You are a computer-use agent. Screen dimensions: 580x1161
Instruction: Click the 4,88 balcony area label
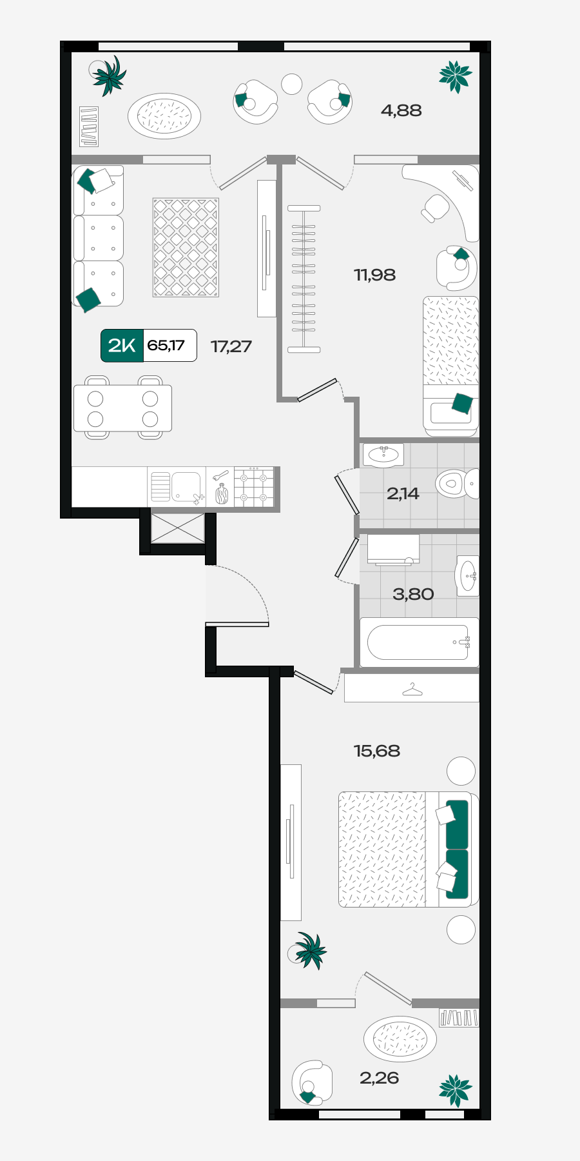401,110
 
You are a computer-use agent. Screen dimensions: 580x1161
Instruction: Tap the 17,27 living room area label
231,346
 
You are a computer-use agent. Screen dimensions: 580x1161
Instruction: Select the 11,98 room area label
374,275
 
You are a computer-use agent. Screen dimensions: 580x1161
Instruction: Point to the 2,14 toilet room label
403,493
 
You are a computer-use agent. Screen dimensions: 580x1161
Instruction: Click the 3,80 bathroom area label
413,594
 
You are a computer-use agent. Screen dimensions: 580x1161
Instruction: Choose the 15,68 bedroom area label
377,751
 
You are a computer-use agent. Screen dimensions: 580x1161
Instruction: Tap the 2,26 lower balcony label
379,1078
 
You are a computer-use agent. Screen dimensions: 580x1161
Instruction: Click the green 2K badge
122,346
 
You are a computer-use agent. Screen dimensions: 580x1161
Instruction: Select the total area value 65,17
166,345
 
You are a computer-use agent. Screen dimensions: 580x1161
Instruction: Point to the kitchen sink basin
186,486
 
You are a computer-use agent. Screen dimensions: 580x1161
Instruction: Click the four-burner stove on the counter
254,487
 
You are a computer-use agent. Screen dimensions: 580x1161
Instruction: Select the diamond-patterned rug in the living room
186,248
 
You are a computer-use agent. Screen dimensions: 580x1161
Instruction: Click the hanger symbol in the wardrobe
412,690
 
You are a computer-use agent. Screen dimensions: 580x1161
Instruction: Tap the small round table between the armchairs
292,84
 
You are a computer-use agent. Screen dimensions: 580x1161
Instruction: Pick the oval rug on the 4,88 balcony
164,116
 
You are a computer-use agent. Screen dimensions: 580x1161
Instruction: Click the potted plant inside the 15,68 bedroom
309,950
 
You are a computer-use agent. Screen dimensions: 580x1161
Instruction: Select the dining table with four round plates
122,408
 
